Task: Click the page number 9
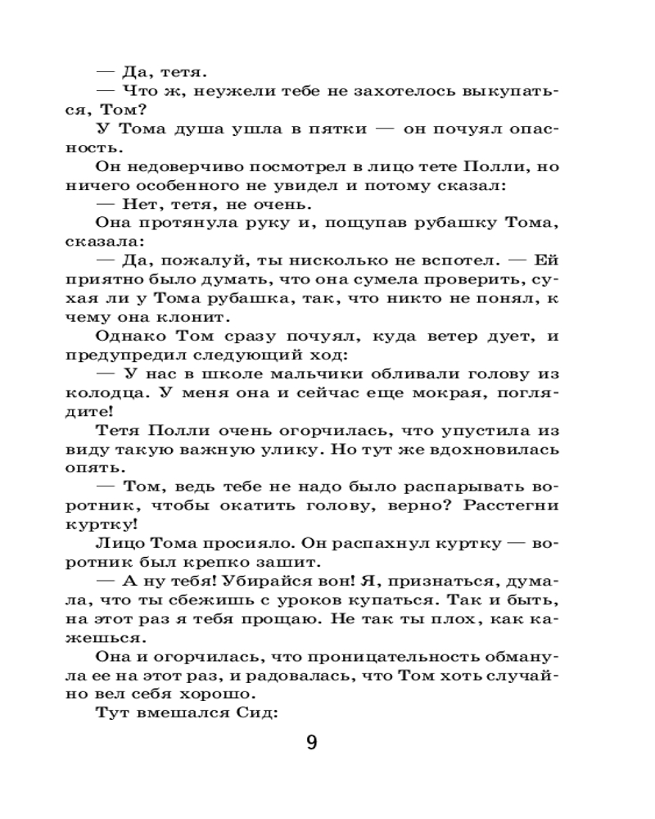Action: pos(311,743)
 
